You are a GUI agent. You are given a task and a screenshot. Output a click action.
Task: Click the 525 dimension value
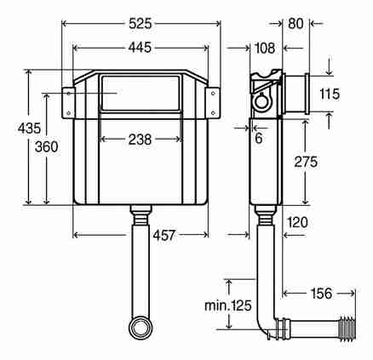point(141,24)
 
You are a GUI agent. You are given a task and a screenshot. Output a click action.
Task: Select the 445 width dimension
point(140,48)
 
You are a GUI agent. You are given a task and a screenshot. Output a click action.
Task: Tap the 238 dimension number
point(140,140)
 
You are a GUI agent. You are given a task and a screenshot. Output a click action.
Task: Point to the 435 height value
point(29,129)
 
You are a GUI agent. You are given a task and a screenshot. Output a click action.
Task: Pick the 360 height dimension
point(46,146)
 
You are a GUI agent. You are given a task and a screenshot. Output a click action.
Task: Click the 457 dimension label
point(164,235)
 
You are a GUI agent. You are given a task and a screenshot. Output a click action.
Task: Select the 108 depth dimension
point(265,48)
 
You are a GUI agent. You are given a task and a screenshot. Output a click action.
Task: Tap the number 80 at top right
point(296,24)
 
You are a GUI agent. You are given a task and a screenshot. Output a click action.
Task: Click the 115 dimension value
point(330,94)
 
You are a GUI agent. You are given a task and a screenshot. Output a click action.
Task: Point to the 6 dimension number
point(259,138)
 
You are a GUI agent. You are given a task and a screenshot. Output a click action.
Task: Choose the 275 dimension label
point(306,162)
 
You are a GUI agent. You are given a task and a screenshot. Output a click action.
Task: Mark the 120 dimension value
point(297,222)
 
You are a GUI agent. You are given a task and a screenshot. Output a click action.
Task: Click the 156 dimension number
point(321,294)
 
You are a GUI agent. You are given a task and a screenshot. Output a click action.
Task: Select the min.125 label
point(228,306)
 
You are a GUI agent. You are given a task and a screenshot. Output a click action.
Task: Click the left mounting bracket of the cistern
point(68,103)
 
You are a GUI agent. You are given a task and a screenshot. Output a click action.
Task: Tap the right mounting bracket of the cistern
point(213,103)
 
